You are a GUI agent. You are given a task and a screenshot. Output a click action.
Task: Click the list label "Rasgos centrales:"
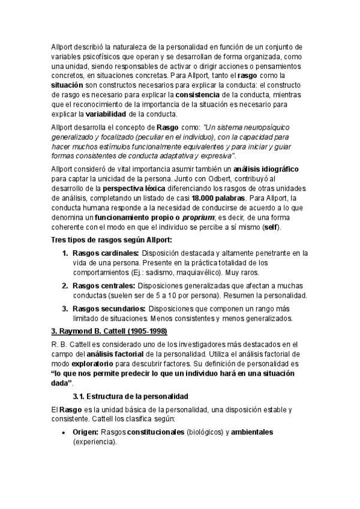pos(103,286)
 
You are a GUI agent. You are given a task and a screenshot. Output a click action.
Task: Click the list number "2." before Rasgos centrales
pos(65,286)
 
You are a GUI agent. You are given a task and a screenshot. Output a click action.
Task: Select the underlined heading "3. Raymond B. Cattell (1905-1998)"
pos(109,331)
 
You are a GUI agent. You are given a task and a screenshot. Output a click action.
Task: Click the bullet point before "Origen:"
pos(64,432)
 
